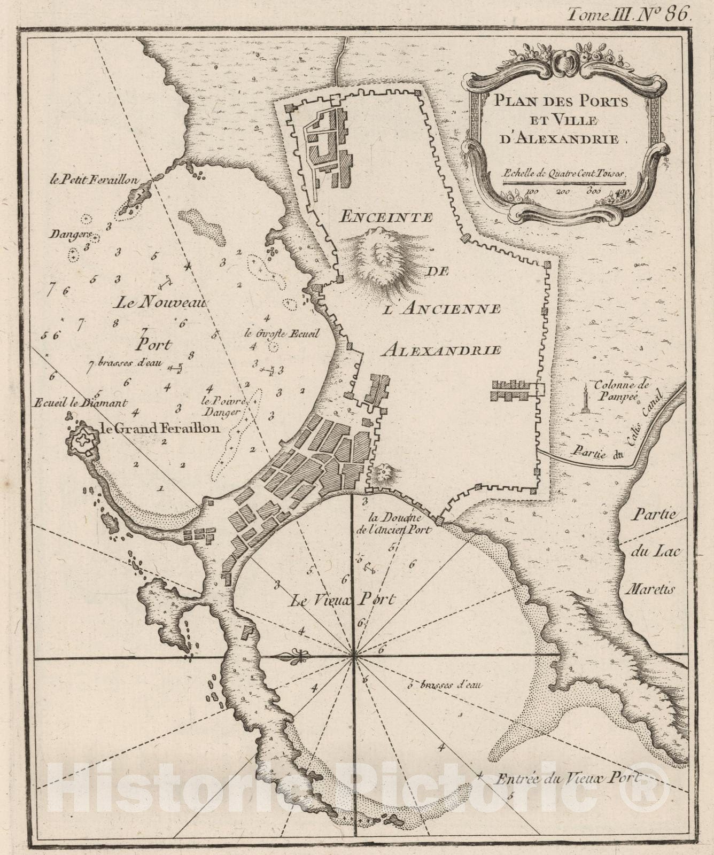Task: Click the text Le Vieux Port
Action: [x=342, y=600]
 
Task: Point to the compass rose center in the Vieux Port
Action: [x=353, y=657]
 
